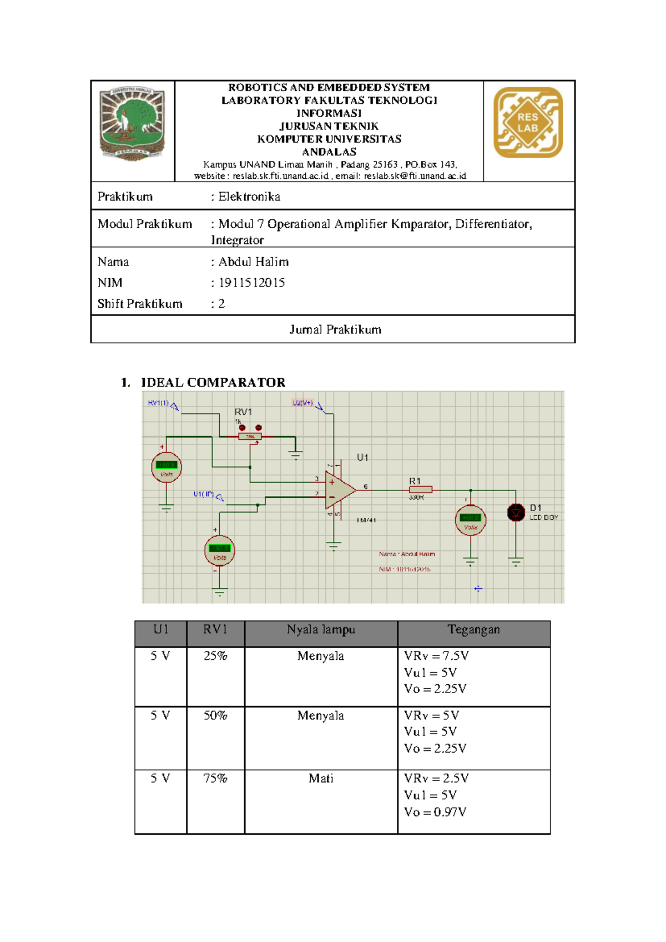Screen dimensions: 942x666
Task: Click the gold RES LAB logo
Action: pos(528,123)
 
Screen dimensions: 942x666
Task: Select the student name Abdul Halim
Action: pos(253,262)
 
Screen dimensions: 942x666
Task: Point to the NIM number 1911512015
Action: pos(251,283)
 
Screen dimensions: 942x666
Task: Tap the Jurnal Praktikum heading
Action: pos(335,329)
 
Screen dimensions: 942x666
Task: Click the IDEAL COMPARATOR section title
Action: pos(213,382)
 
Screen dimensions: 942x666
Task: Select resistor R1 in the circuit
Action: pos(420,489)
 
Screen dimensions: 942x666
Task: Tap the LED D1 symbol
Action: pos(516,513)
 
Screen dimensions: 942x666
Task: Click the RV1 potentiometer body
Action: pos(250,437)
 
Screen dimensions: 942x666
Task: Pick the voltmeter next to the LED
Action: pos(471,520)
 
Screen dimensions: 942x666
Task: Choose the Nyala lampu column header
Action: pos(321,629)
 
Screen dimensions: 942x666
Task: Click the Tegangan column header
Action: pos(473,629)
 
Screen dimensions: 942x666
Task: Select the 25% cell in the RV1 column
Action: pos(215,656)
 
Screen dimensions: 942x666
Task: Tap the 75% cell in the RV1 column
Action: pos(215,778)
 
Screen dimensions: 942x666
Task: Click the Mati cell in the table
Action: pos(321,778)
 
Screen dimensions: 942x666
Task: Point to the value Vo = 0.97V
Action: pos(435,812)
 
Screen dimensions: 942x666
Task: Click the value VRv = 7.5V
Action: pos(436,656)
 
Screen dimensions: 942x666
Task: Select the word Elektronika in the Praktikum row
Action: pos(249,197)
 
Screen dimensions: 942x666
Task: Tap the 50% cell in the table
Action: pos(215,715)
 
